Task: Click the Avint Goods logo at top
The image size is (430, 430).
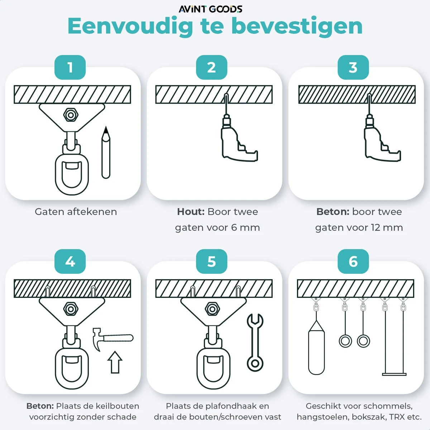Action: click(x=211, y=9)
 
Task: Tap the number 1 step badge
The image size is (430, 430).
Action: click(x=70, y=67)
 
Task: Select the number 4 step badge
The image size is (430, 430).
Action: click(x=70, y=262)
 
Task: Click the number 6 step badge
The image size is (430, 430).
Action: click(x=353, y=262)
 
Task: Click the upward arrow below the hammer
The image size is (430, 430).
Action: click(x=115, y=362)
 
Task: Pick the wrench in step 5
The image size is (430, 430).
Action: click(x=255, y=342)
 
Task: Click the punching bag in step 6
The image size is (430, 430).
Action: click(x=316, y=351)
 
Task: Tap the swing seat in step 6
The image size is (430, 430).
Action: click(x=394, y=374)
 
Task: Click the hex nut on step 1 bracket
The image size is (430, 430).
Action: click(x=71, y=115)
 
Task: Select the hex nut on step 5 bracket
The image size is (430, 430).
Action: click(x=212, y=309)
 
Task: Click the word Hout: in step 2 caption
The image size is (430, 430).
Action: click(x=190, y=212)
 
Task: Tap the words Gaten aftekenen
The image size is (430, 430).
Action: click(x=76, y=212)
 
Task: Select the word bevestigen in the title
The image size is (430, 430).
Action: click(x=296, y=26)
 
